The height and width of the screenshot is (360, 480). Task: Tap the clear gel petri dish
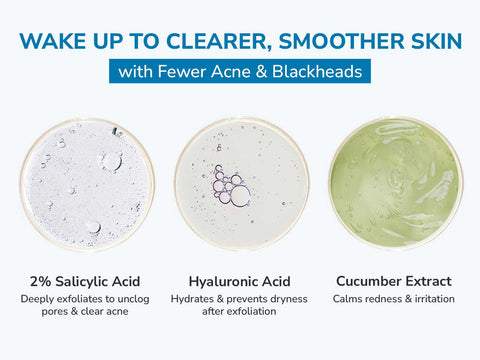(x=87, y=182)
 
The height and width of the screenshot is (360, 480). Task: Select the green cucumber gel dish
(x=396, y=182)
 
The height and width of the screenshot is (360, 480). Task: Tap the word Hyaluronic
(x=224, y=281)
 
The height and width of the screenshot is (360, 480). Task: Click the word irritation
(x=433, y=299)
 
